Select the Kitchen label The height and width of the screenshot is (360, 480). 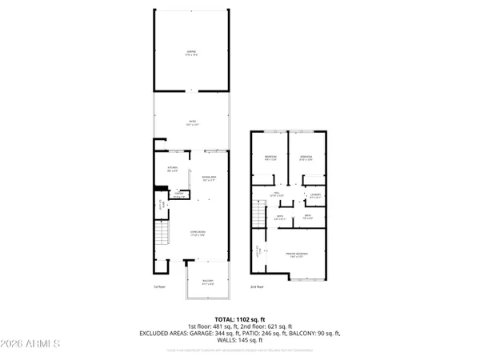(172, 169)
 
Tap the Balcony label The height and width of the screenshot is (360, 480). (208, 282)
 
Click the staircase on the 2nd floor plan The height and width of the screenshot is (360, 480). (258, 214)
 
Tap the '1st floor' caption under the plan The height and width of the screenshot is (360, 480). (159, 286)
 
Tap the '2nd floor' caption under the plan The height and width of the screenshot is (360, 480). (257, 286)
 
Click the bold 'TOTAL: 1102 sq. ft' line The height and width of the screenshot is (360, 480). (240, 319)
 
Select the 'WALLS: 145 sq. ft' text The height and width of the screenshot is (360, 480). (240, 339)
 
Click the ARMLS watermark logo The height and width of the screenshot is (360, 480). (32, 346)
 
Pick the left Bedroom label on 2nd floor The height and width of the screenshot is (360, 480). (270, 157)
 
